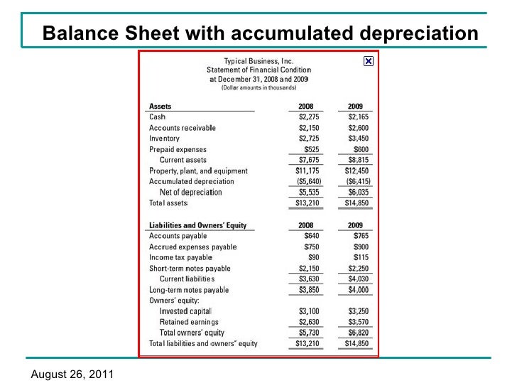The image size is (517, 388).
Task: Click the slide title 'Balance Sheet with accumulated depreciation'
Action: [260, 33]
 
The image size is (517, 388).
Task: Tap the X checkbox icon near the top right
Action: [368, 62]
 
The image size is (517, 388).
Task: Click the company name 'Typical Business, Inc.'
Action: [258, 61]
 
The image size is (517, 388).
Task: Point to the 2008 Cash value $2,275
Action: [309, 117]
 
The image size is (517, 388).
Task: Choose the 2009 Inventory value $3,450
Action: [358, 139]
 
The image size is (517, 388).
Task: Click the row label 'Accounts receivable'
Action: [182, 128]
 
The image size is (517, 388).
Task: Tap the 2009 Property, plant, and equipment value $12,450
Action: [357, 171]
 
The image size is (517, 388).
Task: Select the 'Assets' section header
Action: [160, 107]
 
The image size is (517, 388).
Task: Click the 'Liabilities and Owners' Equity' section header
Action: [197, 225]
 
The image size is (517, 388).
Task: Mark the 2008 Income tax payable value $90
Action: [313, 257]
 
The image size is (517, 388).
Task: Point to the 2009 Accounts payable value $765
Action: [361, 236]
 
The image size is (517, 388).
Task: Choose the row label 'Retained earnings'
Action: [189, 322]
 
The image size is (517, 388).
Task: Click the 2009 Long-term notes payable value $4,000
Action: [358, 290]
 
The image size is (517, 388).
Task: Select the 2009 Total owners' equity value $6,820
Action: [358, 333]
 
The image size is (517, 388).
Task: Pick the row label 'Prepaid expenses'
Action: [178, 149]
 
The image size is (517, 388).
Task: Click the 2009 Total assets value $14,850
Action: [357, 203]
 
